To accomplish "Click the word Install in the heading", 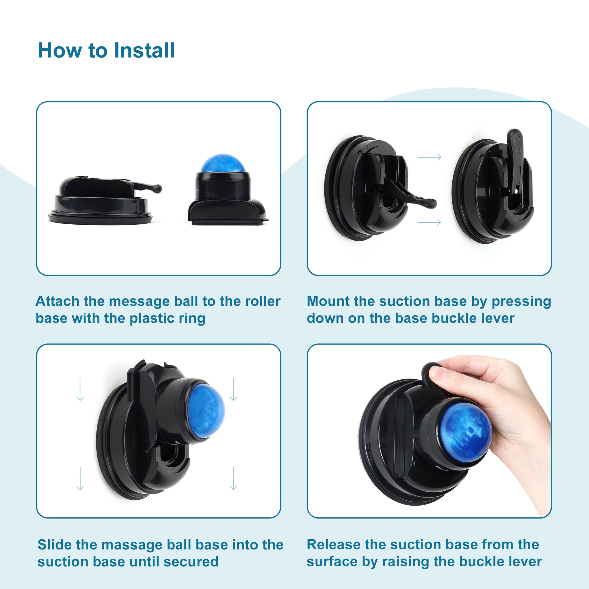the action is (144, 50).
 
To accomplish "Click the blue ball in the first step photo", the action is (223, 164).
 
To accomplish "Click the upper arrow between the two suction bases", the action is (430, 157).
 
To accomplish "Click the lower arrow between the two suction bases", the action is (430, 222).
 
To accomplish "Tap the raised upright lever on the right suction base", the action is (515, 158).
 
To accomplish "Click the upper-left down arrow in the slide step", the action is (80, 389).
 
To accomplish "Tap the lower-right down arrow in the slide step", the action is (233, 478).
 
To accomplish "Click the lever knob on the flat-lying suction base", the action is (156, 188).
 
